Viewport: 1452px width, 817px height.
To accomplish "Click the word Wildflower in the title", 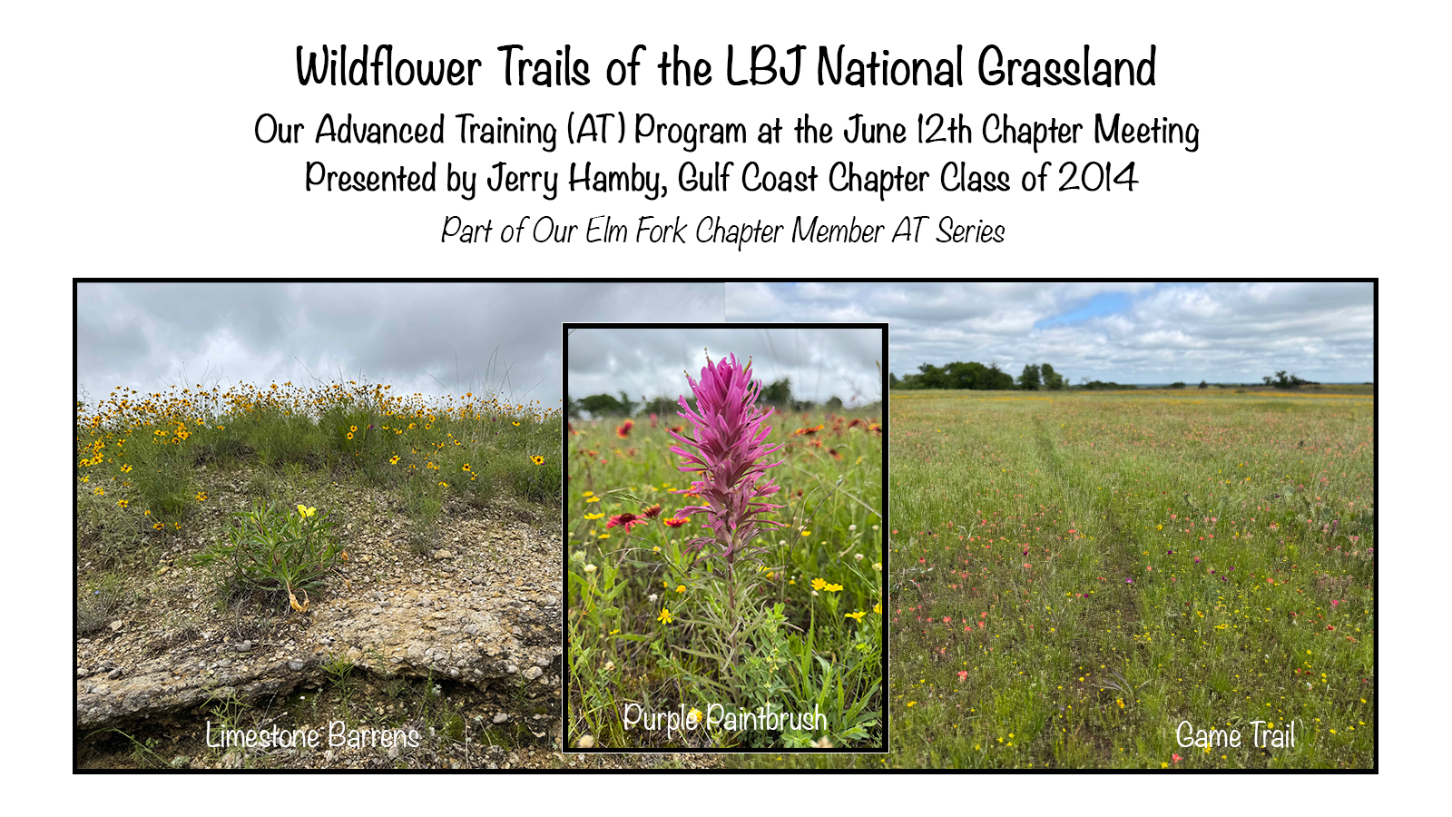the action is click(x=388, y=66).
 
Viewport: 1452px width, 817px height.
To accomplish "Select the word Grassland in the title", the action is click(x=1067, y=66).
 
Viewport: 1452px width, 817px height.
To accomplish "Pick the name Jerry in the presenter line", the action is click(x=523, y=178).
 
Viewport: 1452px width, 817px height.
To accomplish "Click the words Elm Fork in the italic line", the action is click(x=635, y=231).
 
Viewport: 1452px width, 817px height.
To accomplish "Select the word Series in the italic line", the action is click(x=970, y=231).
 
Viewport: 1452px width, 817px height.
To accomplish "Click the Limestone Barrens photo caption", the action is click(x=312, y=735).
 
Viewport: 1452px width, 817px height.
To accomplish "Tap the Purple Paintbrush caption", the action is click(x=725, y=718).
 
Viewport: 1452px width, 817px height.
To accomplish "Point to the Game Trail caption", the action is click(x=1235, y=735).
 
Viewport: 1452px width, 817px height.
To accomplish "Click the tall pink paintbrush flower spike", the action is click(x=727, y=454).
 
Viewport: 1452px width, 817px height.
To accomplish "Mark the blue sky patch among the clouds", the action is click(x=1095, y=309).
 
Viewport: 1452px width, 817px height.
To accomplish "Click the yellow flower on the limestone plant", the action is click(x=306, y=511).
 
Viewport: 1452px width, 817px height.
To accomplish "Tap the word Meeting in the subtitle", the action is click(x=1146, y=131).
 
